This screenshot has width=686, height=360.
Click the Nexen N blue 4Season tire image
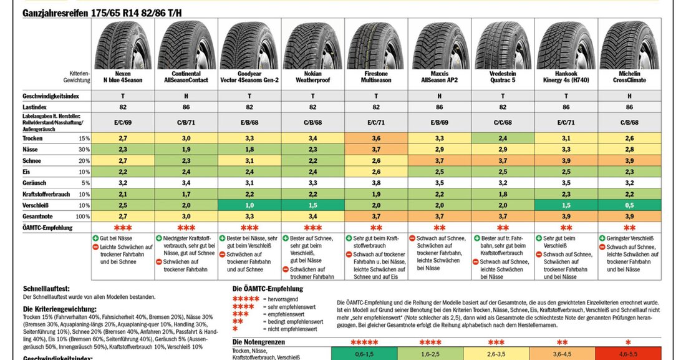tap(123, 44)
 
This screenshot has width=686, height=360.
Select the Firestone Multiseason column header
tap(376, 76)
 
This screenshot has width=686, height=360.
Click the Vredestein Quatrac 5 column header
tap(503, 76)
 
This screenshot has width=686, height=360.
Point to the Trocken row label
tap(34, 137)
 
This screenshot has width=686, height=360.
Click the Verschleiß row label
tap(37, 205)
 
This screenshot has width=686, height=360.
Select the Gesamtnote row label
tap(39, 216)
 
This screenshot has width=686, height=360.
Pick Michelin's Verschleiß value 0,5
tap(630, 205)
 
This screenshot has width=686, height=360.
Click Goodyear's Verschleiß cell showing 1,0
tap(249, 205)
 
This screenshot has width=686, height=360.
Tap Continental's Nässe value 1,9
tap(186, 148)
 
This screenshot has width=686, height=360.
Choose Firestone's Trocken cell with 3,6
tap(376, 137)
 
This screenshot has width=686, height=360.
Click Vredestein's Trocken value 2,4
tap(503, 137)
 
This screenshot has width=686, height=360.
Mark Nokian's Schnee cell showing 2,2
tap(312, 160)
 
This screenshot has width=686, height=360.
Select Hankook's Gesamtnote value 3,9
tap(566, 216)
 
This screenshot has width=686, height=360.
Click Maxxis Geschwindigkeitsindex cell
tap(440, 96)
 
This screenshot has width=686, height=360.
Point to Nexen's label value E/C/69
tap(123, 123)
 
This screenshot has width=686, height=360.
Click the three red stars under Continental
tap(186, 227)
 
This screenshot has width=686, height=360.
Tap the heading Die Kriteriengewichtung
tap(60, 309)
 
